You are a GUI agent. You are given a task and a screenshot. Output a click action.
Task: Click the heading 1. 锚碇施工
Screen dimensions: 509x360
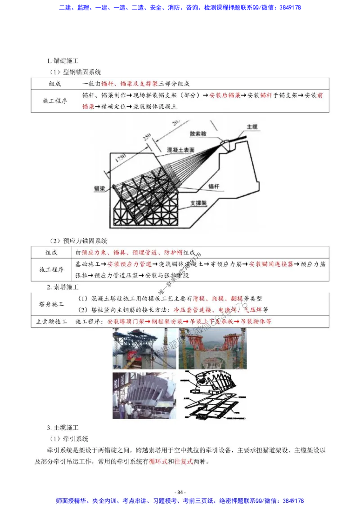click(x=63, y=61)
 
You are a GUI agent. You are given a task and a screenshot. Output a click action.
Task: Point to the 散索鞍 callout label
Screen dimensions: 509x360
click(x=199, y=134)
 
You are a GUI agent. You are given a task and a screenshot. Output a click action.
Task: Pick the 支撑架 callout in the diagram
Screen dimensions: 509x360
click(x=198, y=203)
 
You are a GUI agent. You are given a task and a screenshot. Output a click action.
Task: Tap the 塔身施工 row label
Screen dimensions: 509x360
click(x=51, y=304)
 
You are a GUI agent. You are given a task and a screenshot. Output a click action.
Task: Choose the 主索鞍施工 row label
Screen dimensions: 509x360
click(x=51, y=321)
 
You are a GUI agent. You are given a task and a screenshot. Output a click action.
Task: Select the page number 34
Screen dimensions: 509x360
click(x=180, y=492)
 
